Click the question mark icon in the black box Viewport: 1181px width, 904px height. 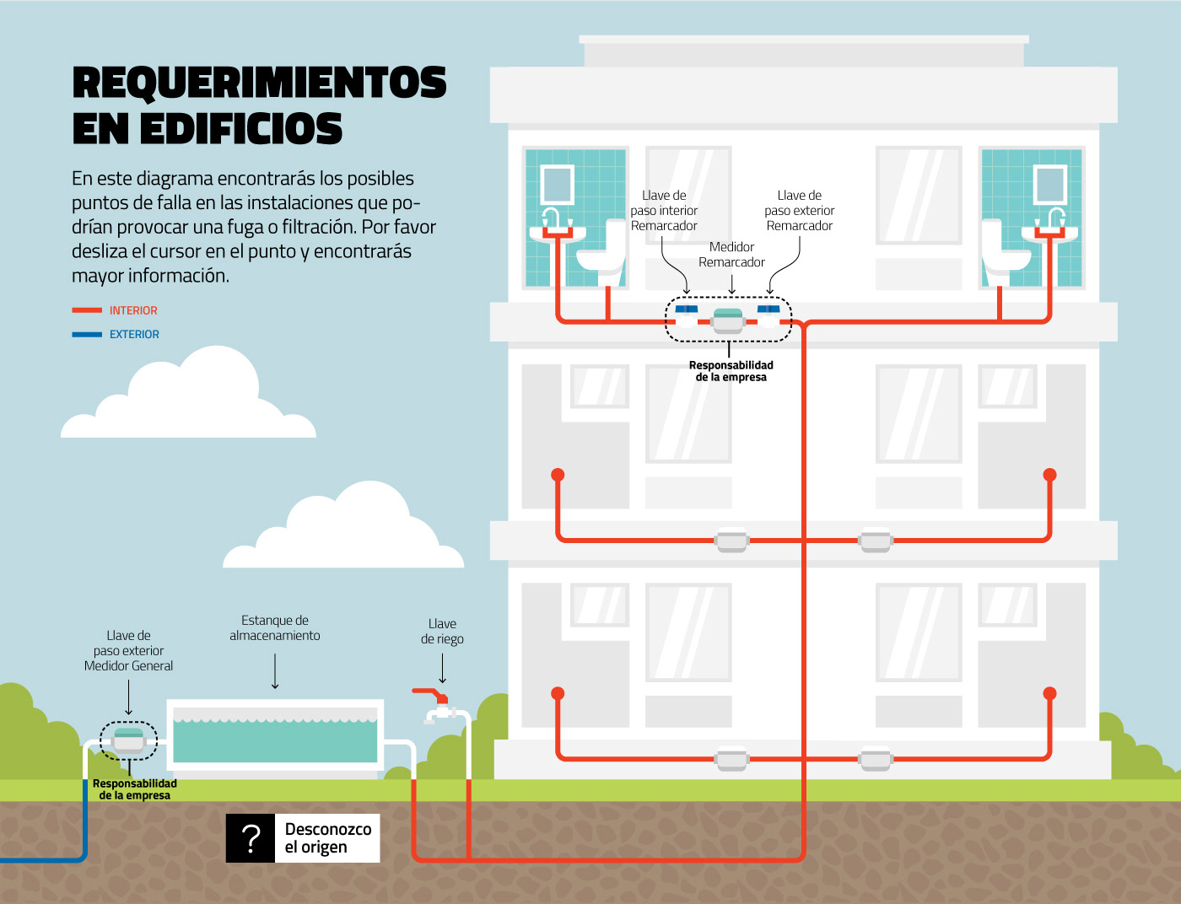251,838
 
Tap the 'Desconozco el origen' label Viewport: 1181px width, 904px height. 327,838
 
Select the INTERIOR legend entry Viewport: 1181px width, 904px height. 133,310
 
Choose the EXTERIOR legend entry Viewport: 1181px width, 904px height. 134,334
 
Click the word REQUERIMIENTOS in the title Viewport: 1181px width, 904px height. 259,82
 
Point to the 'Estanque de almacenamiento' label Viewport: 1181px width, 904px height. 275,628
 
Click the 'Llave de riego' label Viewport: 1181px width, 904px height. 442,632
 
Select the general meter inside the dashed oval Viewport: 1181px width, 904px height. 129,740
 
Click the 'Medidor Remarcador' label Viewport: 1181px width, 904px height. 731,255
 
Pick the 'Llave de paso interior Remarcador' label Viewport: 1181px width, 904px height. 664,211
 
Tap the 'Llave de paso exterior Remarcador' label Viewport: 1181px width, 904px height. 800,211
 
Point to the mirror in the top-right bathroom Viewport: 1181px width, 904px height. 1050,185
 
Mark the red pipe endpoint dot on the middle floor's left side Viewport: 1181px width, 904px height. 558,475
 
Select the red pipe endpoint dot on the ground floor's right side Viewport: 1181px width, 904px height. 1049,693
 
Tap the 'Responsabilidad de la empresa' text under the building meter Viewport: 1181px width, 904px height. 731,371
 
